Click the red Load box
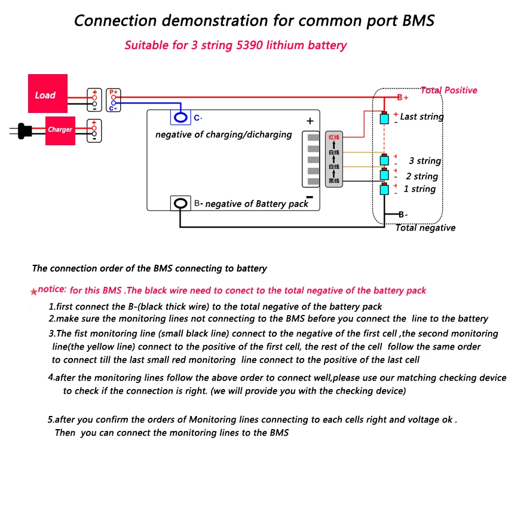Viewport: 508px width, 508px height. (x=48, y=93)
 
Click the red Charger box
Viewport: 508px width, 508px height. (x=60, y=130)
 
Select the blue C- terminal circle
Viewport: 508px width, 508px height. (x=180, y=117)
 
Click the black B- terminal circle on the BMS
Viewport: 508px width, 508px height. (x=180, y=203)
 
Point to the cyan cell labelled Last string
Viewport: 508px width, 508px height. (x=384, y=118)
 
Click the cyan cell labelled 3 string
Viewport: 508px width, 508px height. (x=384, y=160)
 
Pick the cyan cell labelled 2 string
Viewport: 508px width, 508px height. (x=384, y=175)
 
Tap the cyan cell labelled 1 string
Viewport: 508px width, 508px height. (x=384, y=189)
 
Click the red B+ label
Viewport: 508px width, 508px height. (x=403, y=97)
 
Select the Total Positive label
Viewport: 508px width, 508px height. (x=449, y=90)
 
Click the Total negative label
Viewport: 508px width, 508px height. (x=426, y=228)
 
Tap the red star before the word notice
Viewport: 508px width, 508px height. (x=33, y=292)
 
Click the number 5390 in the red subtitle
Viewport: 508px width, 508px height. (x=249, y=45)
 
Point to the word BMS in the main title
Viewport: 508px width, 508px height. (x=418, y=20)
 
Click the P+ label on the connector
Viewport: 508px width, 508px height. (x=114, y=92)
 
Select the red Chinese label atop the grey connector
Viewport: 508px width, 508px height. (x=334, y=137)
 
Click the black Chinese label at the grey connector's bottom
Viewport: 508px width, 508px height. (x=334, y=180)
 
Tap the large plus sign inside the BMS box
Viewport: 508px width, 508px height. (x=310, y=121)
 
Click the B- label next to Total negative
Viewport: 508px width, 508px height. (x=403, y=215)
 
